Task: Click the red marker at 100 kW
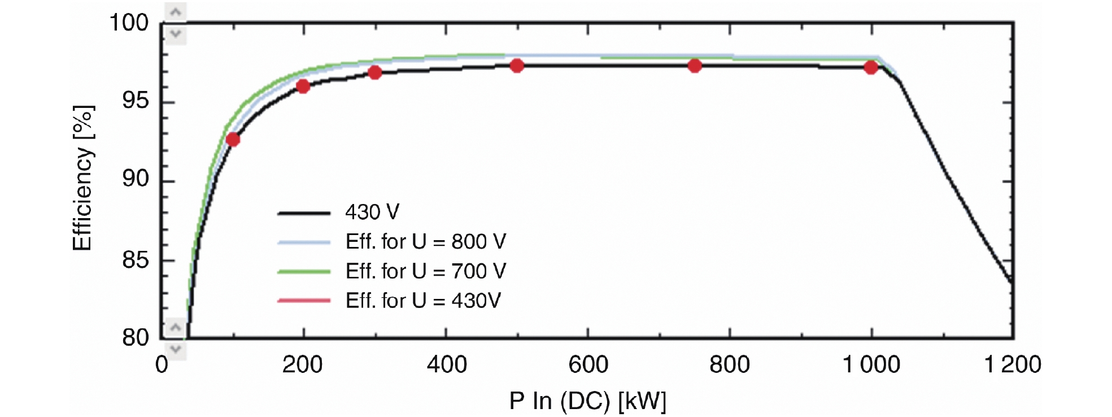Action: pos(233,139)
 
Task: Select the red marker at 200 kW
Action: pos(303,86)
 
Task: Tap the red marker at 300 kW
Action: pos(375,72)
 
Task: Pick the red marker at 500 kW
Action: pos(517,66)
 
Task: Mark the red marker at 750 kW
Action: pos(695,66)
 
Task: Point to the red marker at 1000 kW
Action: pos(871,67)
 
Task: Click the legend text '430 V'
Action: pos(372,212)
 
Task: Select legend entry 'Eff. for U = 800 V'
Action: pos(425,242)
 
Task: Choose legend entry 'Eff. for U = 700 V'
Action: pos(425,271)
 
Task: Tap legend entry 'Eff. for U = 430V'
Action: pos(423,301)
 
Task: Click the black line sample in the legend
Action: pos(304,213)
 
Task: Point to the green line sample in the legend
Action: pos(304,272)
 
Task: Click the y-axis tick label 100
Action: pos(128,23)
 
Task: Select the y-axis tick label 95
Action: pos(136,101)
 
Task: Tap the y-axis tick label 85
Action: pos(136,260)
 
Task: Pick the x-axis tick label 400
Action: pos(447,365)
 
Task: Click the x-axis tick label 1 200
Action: pos(1013,365)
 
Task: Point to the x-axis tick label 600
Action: pos(588,365)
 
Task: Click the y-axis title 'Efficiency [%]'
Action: pos(82,178)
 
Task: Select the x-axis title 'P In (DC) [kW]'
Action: pos(587,401)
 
